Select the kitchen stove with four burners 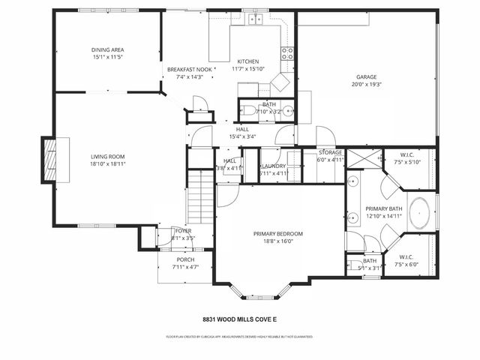pos(287,53)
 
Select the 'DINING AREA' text pos(107,49)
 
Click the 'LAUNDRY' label pos(273,166)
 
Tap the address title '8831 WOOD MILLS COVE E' pos(239,319)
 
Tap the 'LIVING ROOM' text pos(107,156)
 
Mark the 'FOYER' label pos(184,231)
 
